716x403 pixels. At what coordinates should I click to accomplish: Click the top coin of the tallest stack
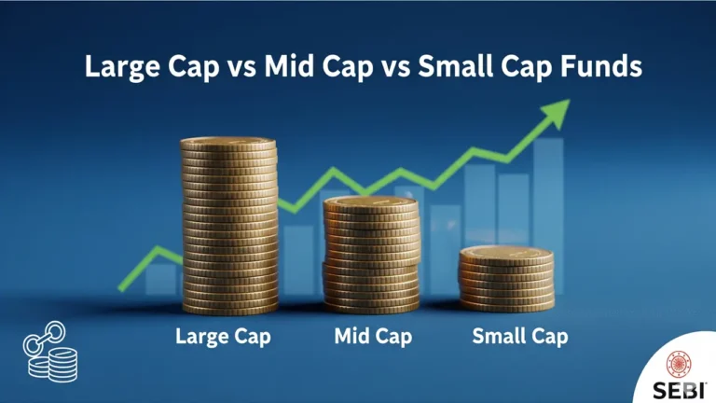tap(229, 145)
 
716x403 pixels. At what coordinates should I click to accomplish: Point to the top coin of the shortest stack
tap(506, 252)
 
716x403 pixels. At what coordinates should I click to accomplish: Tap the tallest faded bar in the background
tap(547, 215)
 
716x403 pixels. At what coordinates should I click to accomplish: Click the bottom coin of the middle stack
tap(371, 305)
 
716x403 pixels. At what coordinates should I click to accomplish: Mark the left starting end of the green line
tap(121, 287)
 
